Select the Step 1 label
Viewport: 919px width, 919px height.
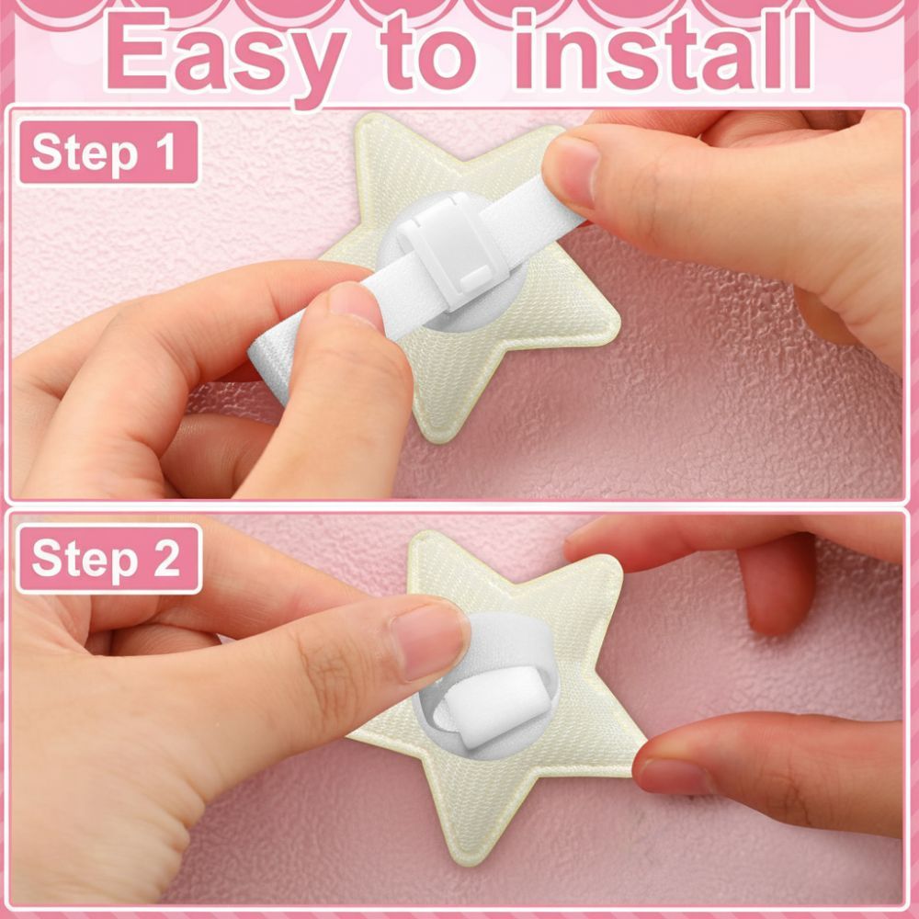click(x=108, y=153)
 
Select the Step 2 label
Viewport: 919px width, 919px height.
click(x=109, y=559)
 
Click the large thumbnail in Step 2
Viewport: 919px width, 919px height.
click(x=431, y=641)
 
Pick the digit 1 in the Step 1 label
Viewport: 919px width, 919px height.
click(x=165, y=152)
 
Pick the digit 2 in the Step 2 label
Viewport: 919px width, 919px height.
click(x=166, y=557)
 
